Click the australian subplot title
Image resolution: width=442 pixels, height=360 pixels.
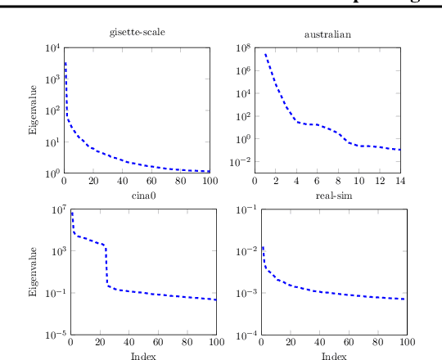pos(327,34)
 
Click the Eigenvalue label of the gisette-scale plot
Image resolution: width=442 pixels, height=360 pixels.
pos(34,110)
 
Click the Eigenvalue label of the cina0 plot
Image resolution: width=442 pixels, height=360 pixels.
pos(34,272)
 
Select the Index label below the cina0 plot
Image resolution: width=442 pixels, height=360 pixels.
pos(142,356)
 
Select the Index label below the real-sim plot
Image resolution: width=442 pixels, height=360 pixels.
pos(333,356)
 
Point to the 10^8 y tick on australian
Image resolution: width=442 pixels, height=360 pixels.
pos(242,48)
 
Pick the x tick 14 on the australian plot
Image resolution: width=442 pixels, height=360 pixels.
pos(400,181)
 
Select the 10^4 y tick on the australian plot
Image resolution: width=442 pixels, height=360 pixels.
pos(242,93)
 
